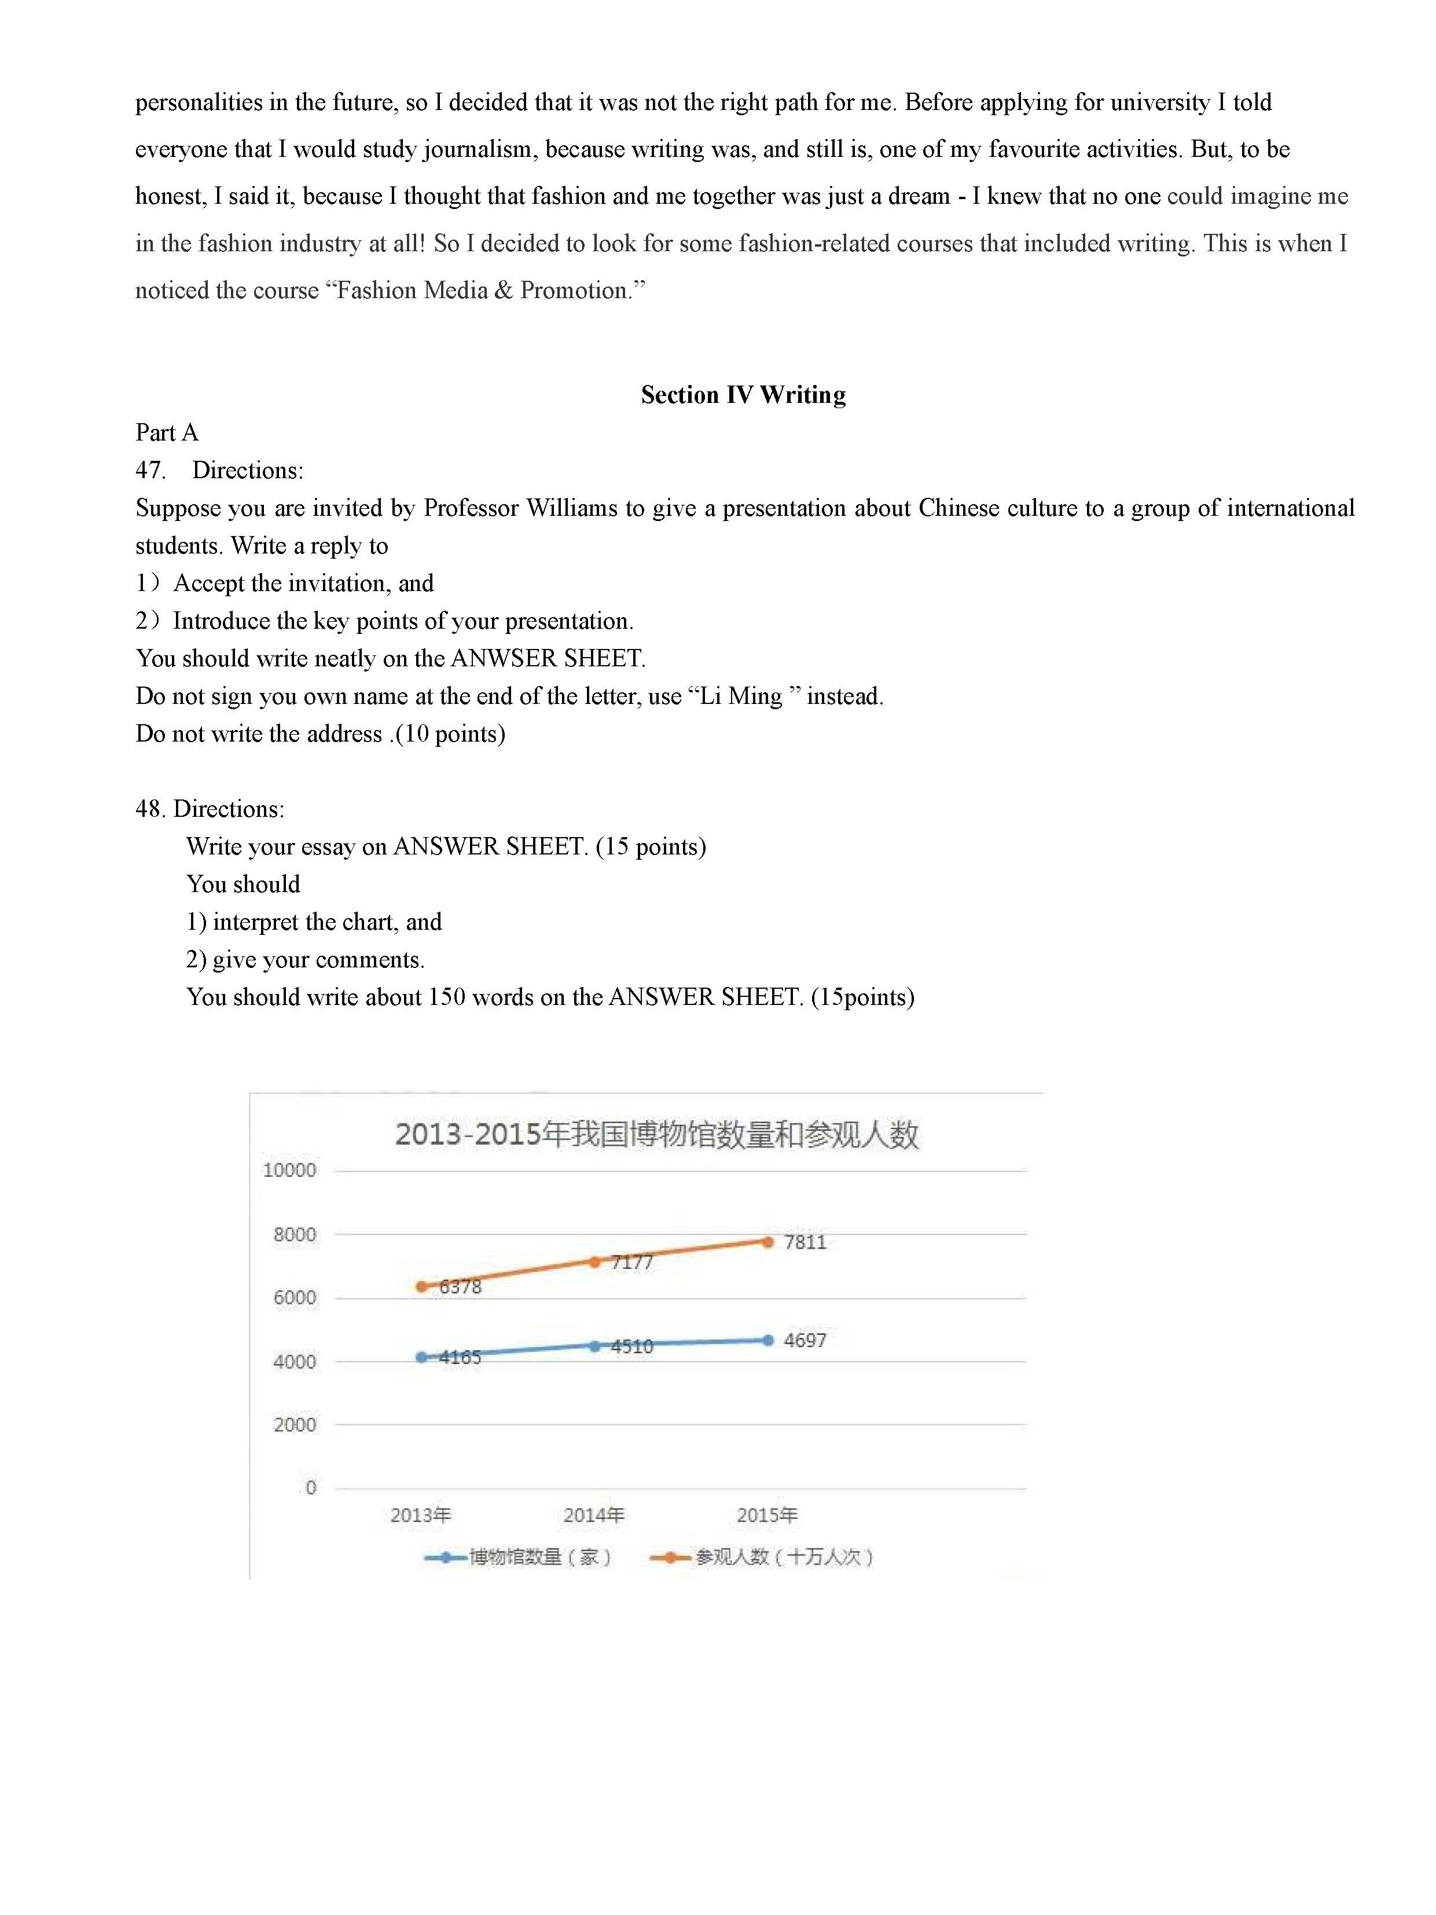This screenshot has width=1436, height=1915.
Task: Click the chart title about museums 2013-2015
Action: coord(656,1134)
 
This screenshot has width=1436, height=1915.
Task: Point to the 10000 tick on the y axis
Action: coord(289,1171)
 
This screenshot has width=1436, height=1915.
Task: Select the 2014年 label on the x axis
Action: coord(594,1515)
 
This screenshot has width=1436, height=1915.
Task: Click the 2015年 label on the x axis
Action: coord(767,1515)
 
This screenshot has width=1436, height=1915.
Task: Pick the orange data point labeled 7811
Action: coord(767,1242)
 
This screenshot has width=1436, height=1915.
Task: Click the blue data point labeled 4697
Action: coord(767,1340)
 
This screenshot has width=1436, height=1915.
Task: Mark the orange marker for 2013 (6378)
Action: coord(421,1286)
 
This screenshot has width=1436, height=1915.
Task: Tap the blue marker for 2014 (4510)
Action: coord(594,1346)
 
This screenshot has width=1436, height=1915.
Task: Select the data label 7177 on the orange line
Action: coord(632,1262)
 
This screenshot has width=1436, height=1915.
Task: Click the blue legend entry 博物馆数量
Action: coord(519,1557)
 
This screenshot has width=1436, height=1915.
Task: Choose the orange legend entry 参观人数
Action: coord(762,1557)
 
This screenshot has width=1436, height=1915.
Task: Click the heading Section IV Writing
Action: coord(743,395)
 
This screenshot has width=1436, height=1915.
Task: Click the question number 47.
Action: coord(150,470)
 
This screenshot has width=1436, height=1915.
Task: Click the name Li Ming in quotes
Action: coord(741,696)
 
